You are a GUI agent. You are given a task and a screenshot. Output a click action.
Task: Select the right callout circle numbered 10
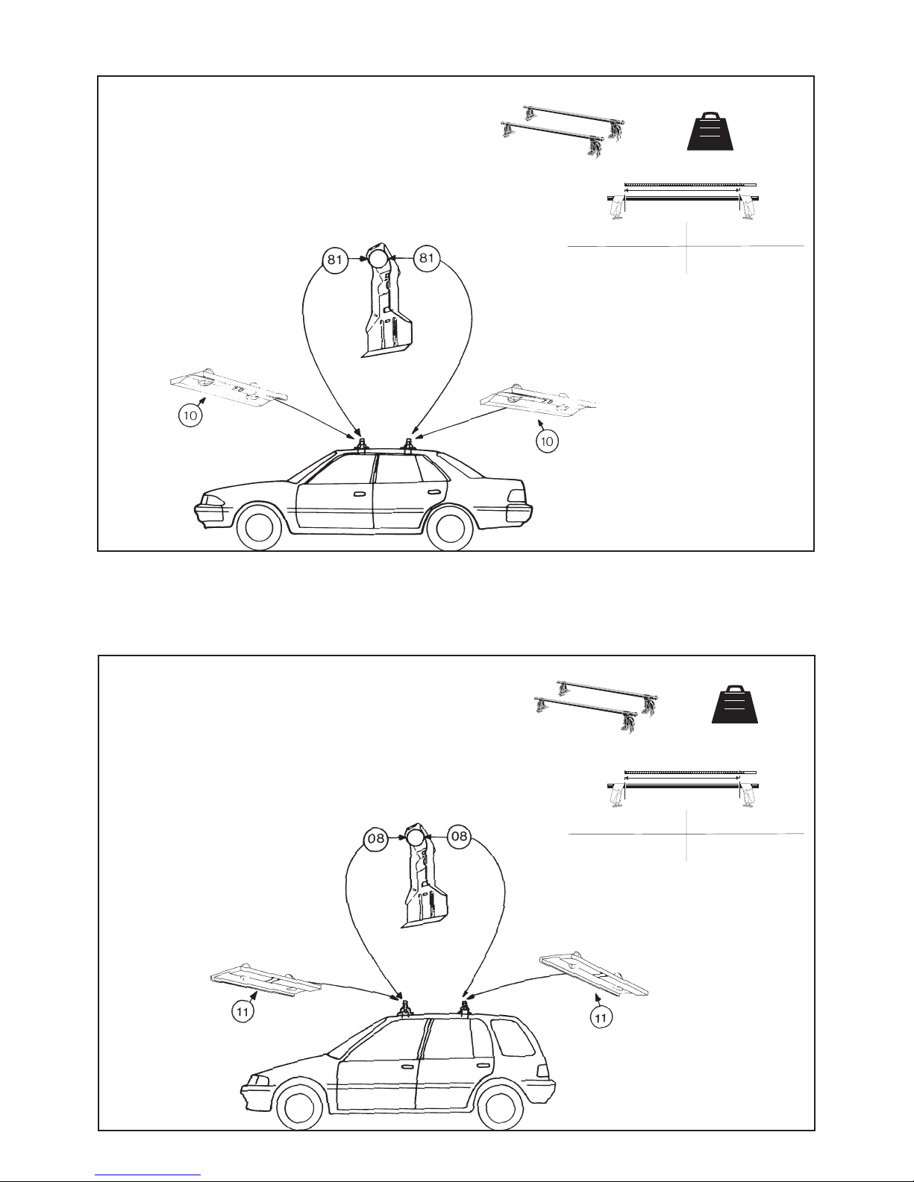tap(547, 441)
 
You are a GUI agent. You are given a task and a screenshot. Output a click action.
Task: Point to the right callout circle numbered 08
tap(460, 837)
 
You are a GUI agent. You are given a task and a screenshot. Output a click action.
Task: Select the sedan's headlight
tap(213, 498)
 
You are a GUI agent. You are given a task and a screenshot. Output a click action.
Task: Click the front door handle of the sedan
tap(358, 494)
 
